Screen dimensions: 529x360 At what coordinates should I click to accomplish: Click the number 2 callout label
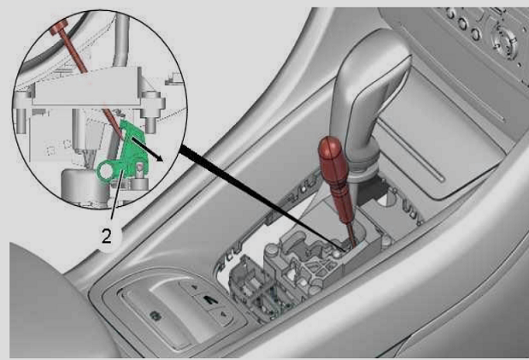[106, 236]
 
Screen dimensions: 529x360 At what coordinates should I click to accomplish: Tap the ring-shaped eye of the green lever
[106, 171]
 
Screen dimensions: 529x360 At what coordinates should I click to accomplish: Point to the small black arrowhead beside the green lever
[159, 158]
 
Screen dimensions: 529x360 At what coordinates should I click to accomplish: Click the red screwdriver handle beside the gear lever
[335, 179]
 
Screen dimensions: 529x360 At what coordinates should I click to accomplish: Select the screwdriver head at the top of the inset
[59, 27]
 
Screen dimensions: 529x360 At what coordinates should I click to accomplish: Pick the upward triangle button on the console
[195, 287]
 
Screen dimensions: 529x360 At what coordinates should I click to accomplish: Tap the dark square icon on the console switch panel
[155, 316]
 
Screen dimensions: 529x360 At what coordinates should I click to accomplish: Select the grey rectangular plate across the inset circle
[86, 87]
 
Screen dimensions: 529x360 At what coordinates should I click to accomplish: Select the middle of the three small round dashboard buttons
[462, 23]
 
